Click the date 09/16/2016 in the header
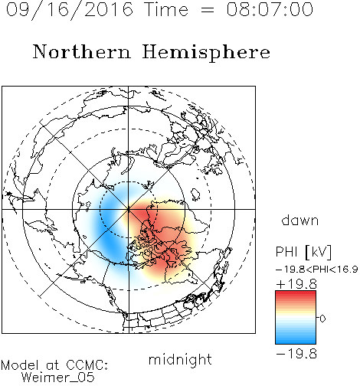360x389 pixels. click(x=70, y=10)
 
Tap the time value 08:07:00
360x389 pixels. click(x=270, y=9)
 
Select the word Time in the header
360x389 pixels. click(x=166, y=9)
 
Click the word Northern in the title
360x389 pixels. click(x=82, y=51)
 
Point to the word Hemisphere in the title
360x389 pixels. click(x=206, y=53)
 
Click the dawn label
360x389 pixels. click(x=300, y=220)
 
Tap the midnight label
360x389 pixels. click(x=180, y=359)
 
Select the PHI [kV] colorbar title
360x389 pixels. click(x=303, y=252)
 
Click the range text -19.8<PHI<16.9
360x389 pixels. click(x=317, y=270)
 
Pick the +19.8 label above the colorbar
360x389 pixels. click(x=296, y=284)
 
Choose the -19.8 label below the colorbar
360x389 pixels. click(x=296, y=354)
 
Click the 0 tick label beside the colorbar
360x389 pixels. click(x=322, y=319)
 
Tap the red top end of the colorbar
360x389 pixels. click(x=296, y=293)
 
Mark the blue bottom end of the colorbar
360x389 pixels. click(x=296, y=342)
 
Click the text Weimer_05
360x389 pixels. click(x=58, y=378)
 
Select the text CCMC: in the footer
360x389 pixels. click(x=87, y=365)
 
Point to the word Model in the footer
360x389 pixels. click(x=20, y=365)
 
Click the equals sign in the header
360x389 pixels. click(x=208, y=10)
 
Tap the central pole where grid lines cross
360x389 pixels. click(x=129, y=209)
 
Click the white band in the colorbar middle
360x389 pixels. click(x=296, y=318)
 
